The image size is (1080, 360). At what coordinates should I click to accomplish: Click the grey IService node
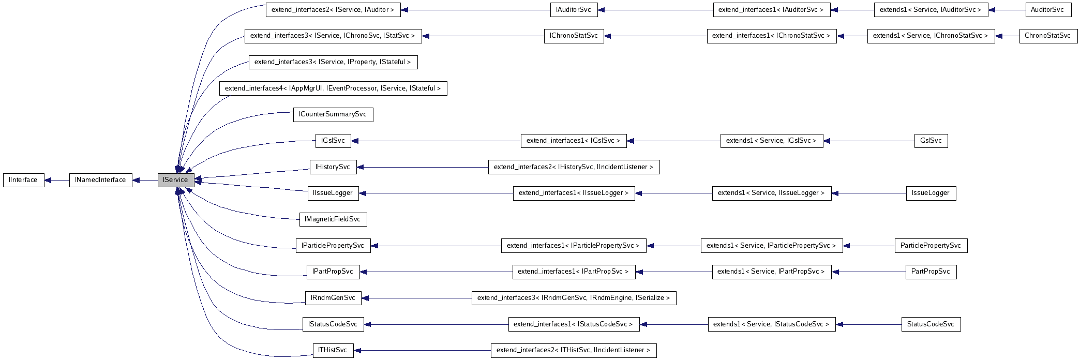click(x=176, y=180)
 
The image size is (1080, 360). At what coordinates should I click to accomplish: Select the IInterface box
click(x=23, y=180)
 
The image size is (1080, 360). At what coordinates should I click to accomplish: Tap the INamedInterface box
click(x=100, y=180)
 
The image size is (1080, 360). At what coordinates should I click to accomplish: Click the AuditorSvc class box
click(x=1047, y=10)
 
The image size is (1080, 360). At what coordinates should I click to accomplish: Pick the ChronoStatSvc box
click(x=1048, y=36)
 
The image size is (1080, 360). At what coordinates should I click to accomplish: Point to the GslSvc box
click(x=931, y=141)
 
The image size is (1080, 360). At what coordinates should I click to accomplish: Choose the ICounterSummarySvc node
click(x=333, y=114)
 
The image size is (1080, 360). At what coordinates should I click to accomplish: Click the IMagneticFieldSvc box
click(x=333, y=219)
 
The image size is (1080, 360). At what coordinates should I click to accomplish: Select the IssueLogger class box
click(x=931, y=193)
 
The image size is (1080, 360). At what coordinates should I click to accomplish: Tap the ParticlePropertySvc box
click(x=931, y=246)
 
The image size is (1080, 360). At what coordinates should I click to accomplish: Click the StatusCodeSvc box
click(x=931, y=324)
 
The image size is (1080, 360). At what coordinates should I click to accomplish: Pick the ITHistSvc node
click(x=333, y=350)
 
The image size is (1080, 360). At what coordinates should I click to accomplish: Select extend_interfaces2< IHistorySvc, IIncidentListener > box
click(x=574, y=167)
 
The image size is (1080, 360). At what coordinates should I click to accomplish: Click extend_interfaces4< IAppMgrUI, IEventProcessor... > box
click(x=333, y=88)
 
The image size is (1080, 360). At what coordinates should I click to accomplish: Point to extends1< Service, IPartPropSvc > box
click(x=771, y=272)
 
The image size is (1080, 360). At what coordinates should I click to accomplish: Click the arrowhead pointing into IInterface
click(x=48, y=180)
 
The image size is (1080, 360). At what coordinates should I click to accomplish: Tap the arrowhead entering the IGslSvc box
click(x=355, y=141)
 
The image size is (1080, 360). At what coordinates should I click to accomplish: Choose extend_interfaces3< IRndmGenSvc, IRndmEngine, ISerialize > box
click(x=574, y=298)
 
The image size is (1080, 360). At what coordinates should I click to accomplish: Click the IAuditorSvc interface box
click(x=574, y=10)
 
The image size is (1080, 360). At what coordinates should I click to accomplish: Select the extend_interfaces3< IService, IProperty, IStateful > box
click(x=333, y=62)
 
